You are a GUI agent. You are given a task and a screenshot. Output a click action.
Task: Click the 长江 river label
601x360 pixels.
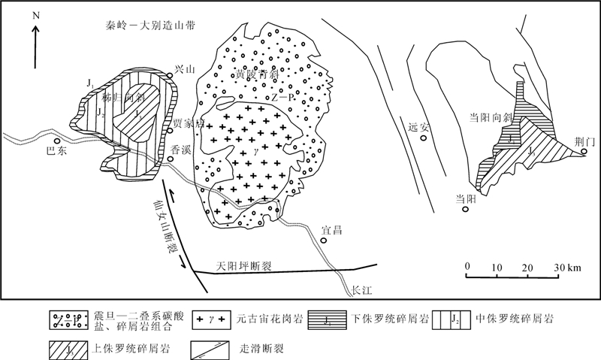[x=364, y=289]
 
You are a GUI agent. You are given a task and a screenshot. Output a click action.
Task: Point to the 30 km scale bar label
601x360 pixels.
[x=566, y=268]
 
